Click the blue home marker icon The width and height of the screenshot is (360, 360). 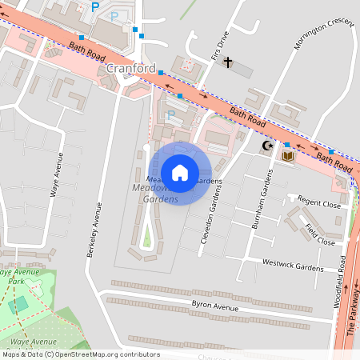pyautogui.click(x=180, y=171)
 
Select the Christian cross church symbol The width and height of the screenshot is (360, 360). pyautogui.click(x=227, y=62)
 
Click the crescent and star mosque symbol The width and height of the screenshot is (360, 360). pyautogui.click(x=268, y=146)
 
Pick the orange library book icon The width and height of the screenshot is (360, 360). pyautogui.click(x=287, y=156)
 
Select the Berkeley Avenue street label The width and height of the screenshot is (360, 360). pyautogui.click(x=94, y=229)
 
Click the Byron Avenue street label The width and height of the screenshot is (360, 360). pyautogui.click(x=215, y=306)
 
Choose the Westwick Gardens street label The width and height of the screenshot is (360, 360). pyautogui.click(x=292, y=264)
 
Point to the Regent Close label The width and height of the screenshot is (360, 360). pyautogui.click(x=318, y=203)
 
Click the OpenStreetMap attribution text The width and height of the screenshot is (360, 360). pyautogui.click(x=80, y=354)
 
